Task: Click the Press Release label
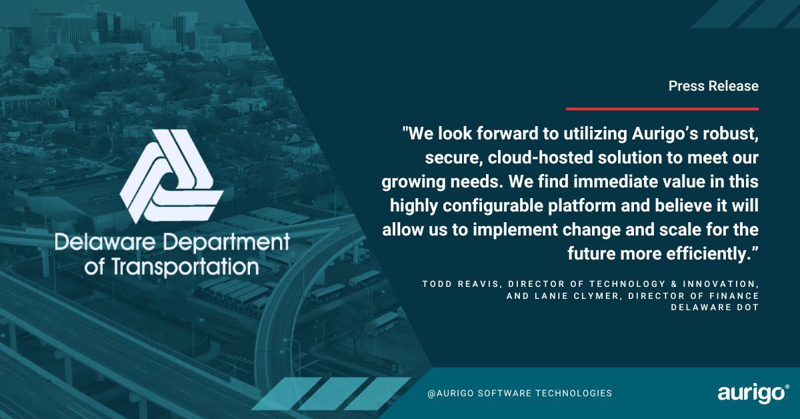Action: [713, 86]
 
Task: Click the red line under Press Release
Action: [662, 108]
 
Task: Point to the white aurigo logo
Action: [753, 394]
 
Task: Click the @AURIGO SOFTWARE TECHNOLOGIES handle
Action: [519, 394]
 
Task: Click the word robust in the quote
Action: [731, 134]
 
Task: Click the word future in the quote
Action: [596, 254]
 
